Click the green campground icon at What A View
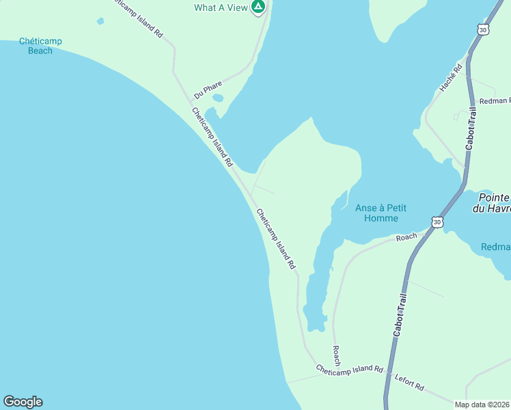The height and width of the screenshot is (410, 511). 258,8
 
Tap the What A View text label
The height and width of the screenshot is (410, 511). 220,8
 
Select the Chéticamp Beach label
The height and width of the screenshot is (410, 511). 40,46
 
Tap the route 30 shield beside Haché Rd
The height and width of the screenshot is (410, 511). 483,30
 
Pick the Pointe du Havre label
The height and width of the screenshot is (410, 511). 491,203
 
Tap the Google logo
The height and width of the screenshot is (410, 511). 23,402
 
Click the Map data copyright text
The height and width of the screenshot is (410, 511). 482,405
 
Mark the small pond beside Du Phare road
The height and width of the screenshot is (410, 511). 218,98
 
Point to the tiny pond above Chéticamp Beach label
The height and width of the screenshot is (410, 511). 100,21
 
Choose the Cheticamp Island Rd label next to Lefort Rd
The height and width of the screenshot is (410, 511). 349,368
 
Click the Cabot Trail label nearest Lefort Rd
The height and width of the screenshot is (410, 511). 400,314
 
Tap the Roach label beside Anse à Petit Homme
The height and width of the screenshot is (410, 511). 406,237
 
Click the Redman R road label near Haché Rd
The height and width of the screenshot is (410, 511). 495,101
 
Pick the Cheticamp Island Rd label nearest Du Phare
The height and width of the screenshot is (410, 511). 212,137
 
